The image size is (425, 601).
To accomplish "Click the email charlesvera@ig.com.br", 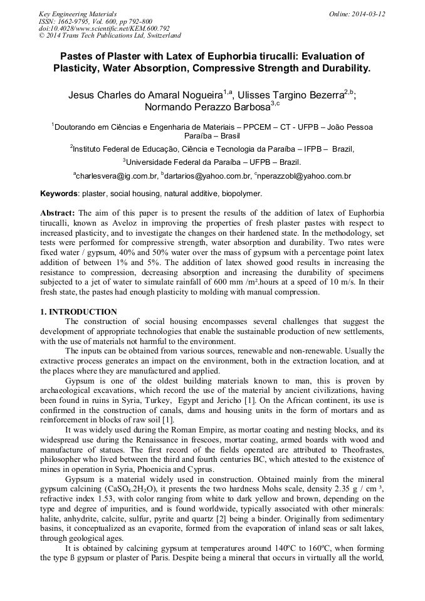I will click(x=116, y=177).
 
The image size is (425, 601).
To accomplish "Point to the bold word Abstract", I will click(x=58, y=213).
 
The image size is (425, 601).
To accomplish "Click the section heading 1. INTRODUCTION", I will click(x=78, y=312).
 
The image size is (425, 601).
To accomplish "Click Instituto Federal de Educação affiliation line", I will click(x=212, y=149).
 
